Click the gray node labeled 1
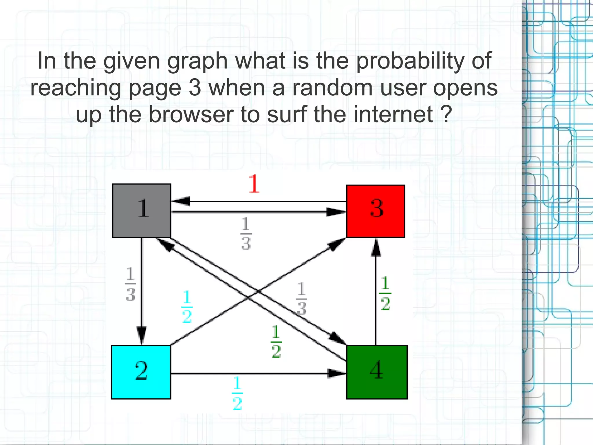point(142,210)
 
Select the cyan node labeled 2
point(141,372)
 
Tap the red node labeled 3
point(376,211)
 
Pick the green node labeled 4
point(377,372)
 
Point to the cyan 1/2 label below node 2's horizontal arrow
point(237,393)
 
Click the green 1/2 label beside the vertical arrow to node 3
point(385,293)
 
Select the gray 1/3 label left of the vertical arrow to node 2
point(130,284)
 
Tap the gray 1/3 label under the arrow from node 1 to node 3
point(246,234)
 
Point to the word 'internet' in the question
point(393,115)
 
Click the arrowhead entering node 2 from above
point(142,336)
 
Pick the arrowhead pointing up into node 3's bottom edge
point(376,248)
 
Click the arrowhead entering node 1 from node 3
point(181,201)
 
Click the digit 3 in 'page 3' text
point(195,88)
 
